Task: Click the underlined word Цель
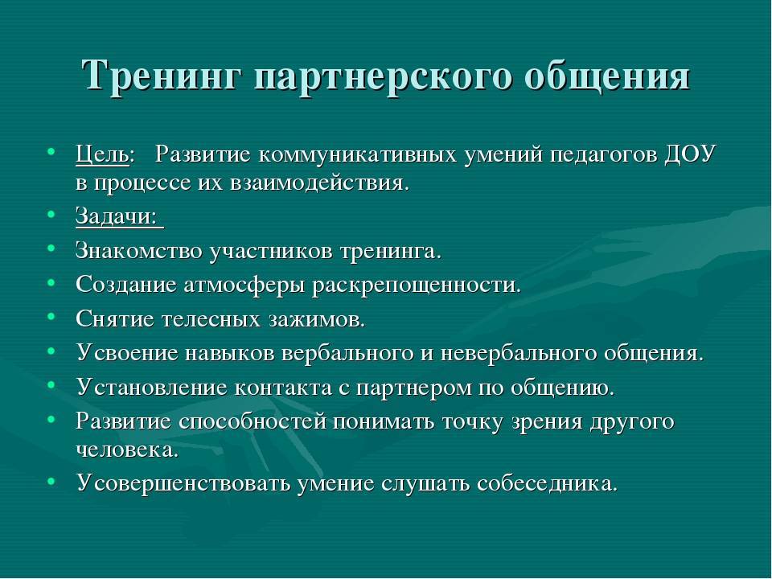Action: pos(102,155)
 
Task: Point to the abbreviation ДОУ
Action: pos(690,154)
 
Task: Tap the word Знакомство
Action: pos(139,251)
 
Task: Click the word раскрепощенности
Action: pos(417,285)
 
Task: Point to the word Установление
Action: pos(152,388)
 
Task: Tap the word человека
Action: pos(127,450)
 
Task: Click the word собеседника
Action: pos(547,483)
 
